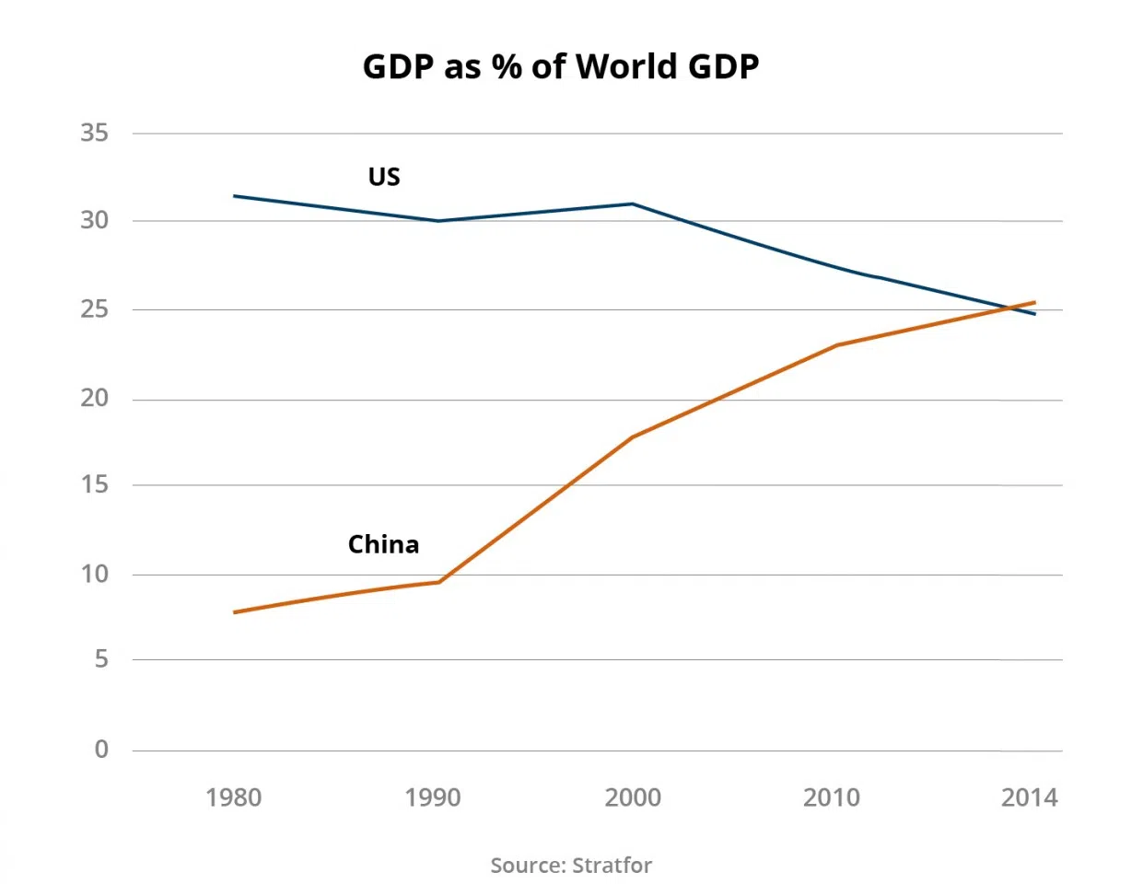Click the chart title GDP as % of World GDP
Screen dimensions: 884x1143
(561, 67)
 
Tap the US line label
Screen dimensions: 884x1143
(384, 177)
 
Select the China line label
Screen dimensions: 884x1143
(383, 544)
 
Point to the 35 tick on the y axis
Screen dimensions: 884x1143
(94, 134)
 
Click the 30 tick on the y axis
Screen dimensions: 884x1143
(94, 221)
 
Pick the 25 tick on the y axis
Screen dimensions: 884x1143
(94, 309)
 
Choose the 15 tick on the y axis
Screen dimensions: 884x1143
(94, 484)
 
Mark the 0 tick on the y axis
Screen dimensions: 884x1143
(101, 750)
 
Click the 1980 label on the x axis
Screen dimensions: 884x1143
(234, 797)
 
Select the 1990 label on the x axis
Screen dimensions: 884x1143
(433, 797)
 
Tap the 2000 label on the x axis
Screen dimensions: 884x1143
(633, 797)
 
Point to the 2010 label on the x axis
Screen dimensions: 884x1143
(832, 797)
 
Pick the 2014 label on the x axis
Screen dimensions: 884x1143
(1030, 797)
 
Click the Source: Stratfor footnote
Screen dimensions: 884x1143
(571, 866)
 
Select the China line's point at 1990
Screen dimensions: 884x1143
(438, 582)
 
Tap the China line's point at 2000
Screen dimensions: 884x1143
(633, 436)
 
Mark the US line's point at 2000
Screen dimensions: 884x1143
(633, 204)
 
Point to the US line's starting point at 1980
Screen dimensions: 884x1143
(235, 196)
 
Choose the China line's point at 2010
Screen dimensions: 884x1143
(835, 345)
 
